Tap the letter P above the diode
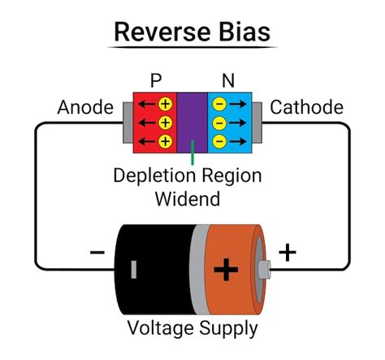click(157, 80)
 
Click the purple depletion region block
click(192, 122)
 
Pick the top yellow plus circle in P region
click(165, 104)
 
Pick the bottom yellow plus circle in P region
click(165, 141)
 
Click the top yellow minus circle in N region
click(219, 104)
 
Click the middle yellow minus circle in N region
click(219, 123)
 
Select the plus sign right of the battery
click(287, 253)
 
